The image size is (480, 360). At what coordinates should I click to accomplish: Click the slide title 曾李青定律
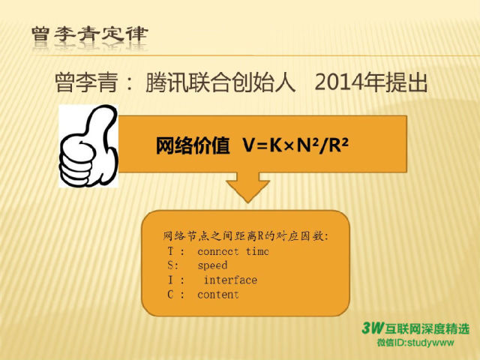tap(90, 34)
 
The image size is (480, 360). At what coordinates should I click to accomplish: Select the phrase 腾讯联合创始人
tap(220, 82)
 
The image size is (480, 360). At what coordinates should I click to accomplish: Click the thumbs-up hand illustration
tap(88, 146)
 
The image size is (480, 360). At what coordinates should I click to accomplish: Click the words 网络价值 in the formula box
tap(193, 145)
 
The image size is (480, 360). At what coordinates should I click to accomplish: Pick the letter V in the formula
tap(248, 145)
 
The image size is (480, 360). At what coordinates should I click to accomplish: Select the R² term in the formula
tap(338, 145)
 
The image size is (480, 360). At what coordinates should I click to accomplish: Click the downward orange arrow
tap(248, 187)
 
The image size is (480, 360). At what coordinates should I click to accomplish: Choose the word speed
tap(212, 265)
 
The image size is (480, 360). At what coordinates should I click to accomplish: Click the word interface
tap(230, 280)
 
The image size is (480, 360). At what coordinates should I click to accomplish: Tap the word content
tap(218, 295)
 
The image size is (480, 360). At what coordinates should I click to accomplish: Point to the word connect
tap(218, 252)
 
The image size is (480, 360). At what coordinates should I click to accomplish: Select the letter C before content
tap(170, 295)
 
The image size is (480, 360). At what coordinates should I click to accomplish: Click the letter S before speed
tap(171, 265)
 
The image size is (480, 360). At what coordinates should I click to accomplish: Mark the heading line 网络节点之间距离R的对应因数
tap(246, 236)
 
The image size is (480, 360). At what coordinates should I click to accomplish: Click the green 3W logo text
tap(373, 328)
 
